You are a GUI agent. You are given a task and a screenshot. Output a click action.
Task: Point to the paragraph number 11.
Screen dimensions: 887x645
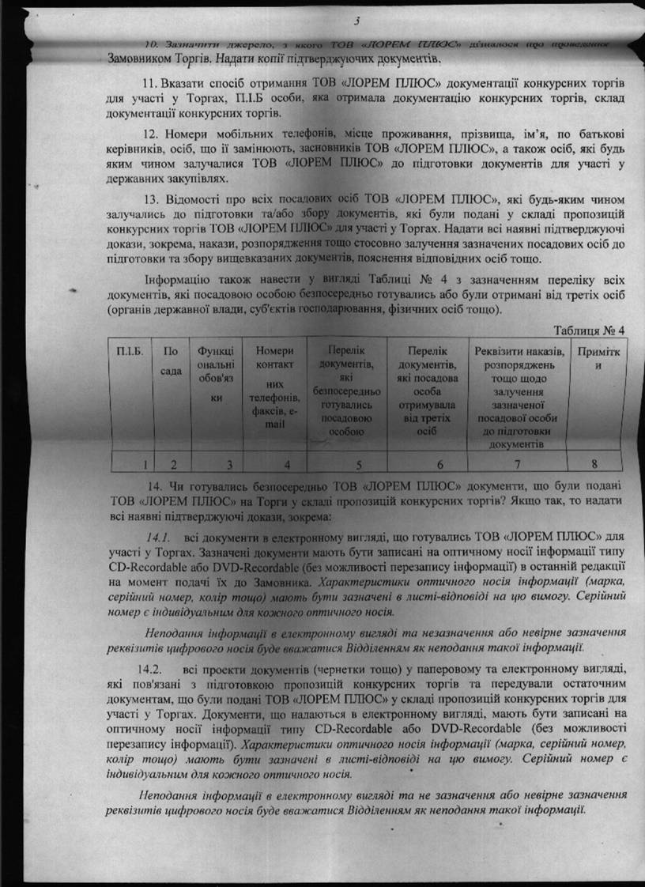coord(149,84)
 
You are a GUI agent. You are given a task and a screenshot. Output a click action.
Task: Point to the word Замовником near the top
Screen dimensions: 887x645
coord(145,59)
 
